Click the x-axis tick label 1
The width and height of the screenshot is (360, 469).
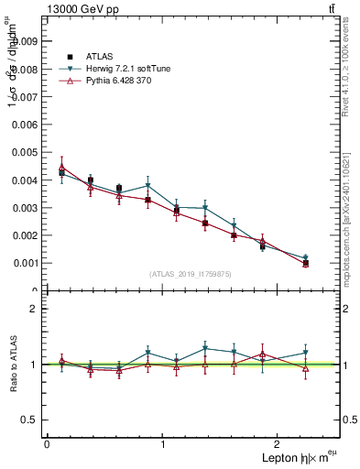click(163, 444)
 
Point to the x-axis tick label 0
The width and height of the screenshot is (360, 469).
click(47, 444)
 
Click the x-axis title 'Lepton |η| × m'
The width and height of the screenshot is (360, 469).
click(293, 457)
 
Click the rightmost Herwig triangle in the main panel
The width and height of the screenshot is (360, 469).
click(306, 258)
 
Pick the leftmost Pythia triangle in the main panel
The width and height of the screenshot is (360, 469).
click(61, 167)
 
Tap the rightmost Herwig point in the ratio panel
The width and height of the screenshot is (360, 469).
click(306, 353)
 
